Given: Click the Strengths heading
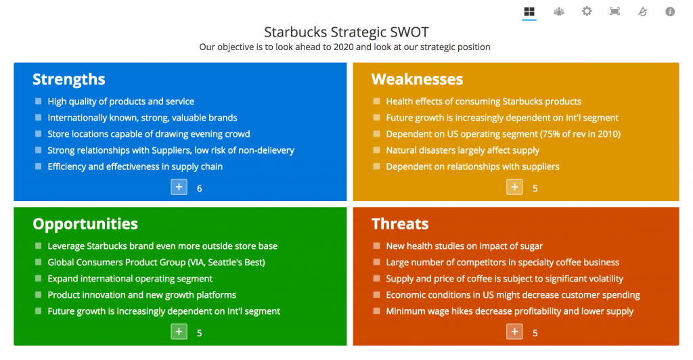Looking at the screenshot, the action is (x=69, y=79).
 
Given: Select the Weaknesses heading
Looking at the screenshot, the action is (x=417, y=79).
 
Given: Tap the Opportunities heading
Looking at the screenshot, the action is (x=85, y=224).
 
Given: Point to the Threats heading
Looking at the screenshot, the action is (x=400, y=224).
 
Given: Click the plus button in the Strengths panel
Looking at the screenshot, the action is (x=179, y=187).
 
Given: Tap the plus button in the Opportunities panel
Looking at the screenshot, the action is (x=179, y=332).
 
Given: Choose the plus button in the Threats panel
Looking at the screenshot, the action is (x=514, y=332).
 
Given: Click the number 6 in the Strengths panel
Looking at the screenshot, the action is (x=200, y=189).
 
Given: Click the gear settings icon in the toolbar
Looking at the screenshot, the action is (x=587, y=11).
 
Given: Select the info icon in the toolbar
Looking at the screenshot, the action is (x=670, y=12).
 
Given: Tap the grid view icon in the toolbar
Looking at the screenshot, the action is (x=529, y=12).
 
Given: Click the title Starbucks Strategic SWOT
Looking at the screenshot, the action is (x=346, y=32).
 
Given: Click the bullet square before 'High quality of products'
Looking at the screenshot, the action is (x=39, y=101).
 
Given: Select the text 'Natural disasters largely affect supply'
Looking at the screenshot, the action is (x=463, y=150).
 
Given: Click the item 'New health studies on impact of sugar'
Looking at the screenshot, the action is (x=464, y=246).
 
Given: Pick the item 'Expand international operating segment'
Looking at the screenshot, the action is (x=130, y=279).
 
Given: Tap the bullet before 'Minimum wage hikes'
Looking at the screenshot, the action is (x=376, y=311).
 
